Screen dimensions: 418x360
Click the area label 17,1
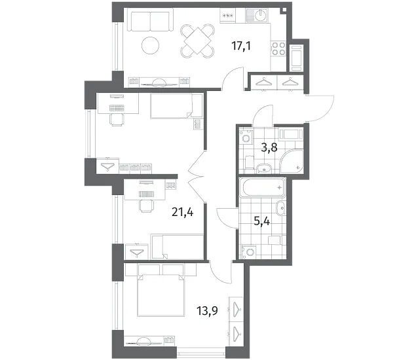(x=241, y=46)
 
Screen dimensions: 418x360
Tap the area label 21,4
(x=183, y=212)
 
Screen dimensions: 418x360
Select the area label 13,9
(x=207, y=310)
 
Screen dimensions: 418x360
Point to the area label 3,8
(x=269, y=147)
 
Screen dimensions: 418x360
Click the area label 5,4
(x=262, y=221)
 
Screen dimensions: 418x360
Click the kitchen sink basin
(x=261, y=16)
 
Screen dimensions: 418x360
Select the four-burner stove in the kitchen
(x=278, y=48)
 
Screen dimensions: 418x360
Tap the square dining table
(x=198, y=41)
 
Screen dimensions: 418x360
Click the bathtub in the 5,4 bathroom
(x=262, y=188)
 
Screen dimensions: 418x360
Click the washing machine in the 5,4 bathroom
(x=249, y=252)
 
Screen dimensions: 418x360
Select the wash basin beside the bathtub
(x=280, y=208)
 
